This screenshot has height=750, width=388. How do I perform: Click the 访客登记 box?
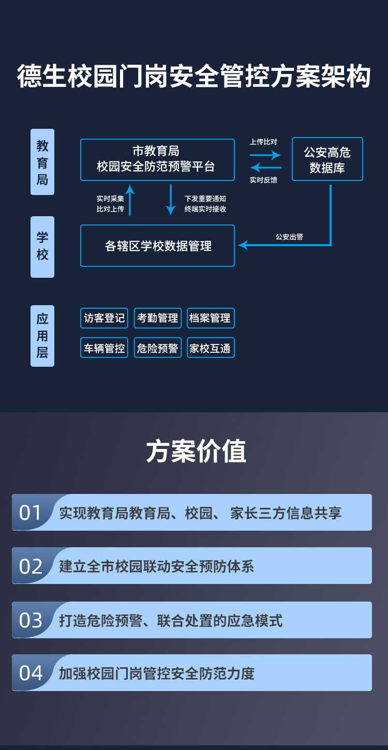(105, 318)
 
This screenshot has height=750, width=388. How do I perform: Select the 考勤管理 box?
(157, 318)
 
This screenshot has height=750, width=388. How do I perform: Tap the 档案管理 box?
(210, 318)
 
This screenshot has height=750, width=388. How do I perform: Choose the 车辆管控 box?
(105, 348)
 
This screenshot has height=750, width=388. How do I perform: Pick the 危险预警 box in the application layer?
(157, 348)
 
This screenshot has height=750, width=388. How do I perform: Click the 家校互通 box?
(210, 348)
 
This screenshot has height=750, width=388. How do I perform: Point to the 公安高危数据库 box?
(327, 159)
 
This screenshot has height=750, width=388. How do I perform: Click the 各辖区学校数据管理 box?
(157, 246)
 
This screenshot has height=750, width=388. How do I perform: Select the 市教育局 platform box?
(157, 159)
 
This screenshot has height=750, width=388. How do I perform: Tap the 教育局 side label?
(42, 162)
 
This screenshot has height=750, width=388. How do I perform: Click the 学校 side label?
(42, 246)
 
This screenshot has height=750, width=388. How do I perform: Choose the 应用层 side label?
(42, 336)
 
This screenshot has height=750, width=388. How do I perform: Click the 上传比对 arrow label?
(263, 142)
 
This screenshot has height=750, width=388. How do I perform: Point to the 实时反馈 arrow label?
(263, 180)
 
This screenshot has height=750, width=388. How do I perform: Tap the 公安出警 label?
(289, 237)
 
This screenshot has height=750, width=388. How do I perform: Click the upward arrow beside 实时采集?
(130, 200)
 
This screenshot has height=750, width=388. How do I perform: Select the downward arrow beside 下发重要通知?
(171, 200)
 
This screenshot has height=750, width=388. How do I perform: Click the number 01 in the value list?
(31, 513)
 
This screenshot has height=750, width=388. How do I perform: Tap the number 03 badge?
(31, 620)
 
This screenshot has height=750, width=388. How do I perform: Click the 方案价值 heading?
(196, 451)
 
